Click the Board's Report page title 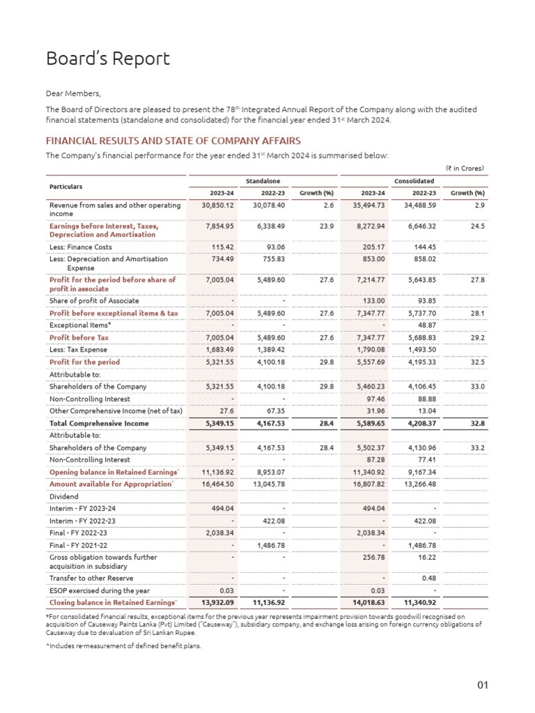pos(107,59)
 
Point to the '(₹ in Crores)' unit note pos(465,168)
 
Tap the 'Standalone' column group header pos(263,181)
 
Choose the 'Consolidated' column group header pos(414,181)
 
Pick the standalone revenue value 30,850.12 pos(216,205)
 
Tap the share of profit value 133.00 pos(374,301)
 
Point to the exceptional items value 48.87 pos(425,325)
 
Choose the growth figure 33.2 pos(477,448)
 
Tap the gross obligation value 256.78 pos(374,558)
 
